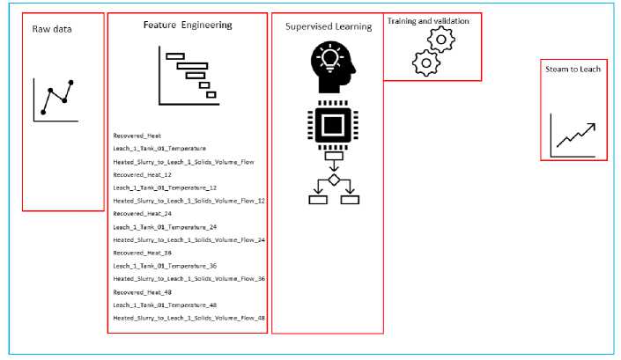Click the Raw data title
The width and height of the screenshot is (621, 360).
pos(52,29)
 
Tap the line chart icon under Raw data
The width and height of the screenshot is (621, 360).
pos(55,99)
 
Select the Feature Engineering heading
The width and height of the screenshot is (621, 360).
pos(188,26)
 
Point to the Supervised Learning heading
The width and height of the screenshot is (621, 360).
pos(328,26)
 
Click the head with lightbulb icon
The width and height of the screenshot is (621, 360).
pos(333,68)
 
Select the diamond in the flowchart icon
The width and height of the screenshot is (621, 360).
pos(334,180)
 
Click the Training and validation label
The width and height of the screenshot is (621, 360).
pos(428,20)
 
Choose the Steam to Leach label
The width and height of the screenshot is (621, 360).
pos(573,69)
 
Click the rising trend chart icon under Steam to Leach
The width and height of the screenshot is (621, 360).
pos(573,136)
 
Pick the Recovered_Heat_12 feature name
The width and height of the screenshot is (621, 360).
pos(142,174)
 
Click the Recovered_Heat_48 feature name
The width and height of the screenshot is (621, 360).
pos(142,291)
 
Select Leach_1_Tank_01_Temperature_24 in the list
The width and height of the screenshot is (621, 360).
pos(165,226)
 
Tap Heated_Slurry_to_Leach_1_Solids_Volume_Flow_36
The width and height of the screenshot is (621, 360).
pos(189,278)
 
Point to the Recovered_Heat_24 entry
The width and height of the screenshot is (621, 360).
pos(142,213)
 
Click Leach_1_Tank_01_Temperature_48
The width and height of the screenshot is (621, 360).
pos(165,305)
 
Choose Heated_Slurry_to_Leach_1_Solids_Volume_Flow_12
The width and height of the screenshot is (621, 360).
pos(189,201)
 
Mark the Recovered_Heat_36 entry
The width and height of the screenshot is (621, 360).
pos(142,253)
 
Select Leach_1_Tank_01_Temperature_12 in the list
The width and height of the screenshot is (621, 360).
pos(165,187)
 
